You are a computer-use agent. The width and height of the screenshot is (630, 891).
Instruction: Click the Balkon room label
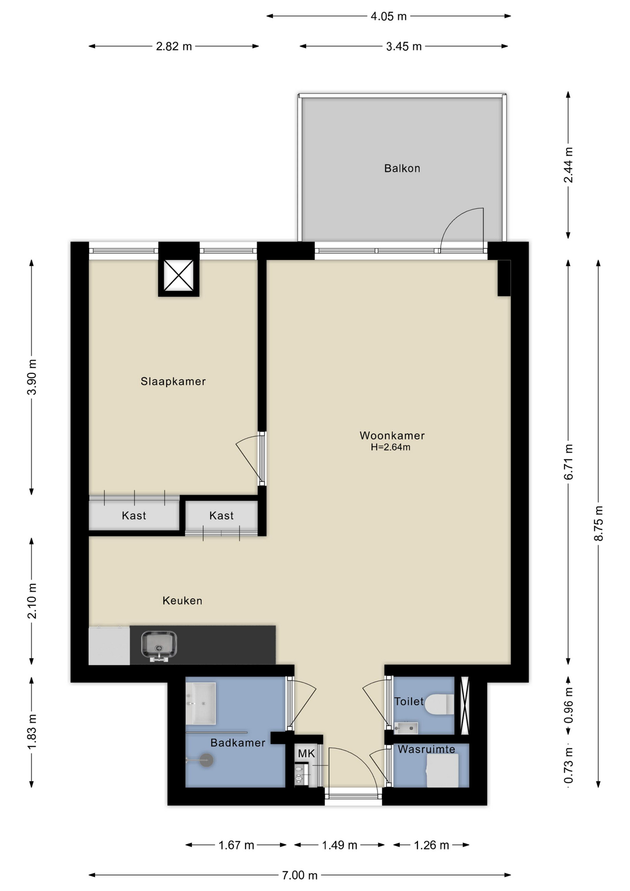point(402,168)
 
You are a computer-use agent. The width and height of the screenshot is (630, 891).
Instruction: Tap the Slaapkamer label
point(173,381)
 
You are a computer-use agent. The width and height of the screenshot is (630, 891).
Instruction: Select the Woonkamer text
point(392,435)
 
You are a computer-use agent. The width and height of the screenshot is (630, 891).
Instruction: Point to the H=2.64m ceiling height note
point(390,447)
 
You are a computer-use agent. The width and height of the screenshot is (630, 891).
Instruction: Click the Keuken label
point(182,600)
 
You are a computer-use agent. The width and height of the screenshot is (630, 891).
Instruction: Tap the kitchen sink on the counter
point(159,645)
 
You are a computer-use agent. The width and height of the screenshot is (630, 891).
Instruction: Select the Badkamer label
point(238,742)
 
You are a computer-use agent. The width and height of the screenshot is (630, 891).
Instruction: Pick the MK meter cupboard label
point(306,753)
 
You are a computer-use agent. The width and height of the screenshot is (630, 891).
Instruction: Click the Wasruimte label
point(426,749)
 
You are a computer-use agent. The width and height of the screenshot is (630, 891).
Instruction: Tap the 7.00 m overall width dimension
point(300,875)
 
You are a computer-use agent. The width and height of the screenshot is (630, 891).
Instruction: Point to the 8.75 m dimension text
point(598,523)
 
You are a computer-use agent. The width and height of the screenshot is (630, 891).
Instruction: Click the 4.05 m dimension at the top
point(388,16)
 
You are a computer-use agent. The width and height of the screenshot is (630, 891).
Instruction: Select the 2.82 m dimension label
point(174,46)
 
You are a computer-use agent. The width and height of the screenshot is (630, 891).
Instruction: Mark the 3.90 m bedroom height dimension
point(32,377)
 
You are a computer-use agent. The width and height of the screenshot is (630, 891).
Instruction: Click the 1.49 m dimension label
point(340,845)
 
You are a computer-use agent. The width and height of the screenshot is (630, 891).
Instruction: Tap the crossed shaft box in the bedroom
point(179,276)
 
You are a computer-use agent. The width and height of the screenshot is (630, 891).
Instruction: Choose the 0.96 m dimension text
point(568,705)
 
